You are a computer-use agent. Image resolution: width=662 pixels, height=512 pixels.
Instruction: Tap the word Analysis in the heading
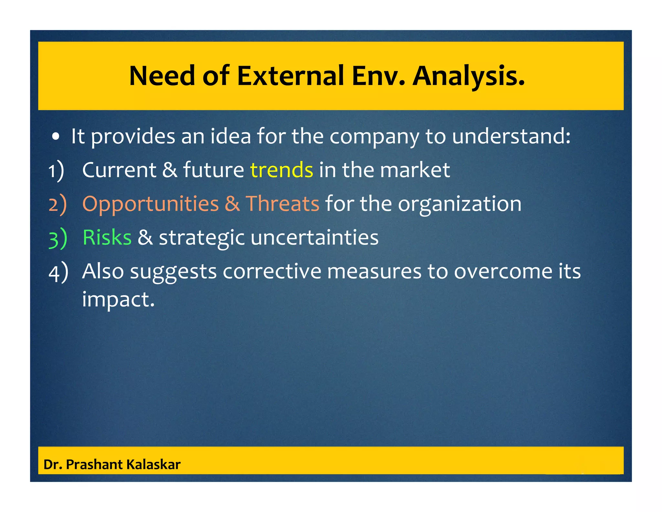coord(468,76)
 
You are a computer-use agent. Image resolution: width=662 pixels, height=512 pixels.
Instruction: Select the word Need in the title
coord(162,76)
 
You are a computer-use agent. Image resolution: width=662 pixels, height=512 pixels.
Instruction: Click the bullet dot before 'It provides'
coord(56,137)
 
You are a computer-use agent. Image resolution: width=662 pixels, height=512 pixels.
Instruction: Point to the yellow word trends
coord(282,170)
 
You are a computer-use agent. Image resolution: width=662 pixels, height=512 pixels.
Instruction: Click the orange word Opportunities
coord(151,204)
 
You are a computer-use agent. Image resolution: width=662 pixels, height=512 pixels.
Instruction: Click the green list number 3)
coord(58,238)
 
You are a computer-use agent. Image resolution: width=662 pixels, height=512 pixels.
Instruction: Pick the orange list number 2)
coord(58,204)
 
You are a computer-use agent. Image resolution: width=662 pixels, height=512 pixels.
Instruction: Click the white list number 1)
coord(56,171)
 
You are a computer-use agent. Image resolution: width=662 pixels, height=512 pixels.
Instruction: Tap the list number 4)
coord(58,272)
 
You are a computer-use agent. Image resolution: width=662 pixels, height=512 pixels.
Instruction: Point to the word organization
coord(459,204)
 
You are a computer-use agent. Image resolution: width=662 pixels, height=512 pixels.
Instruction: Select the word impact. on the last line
coord(118,299)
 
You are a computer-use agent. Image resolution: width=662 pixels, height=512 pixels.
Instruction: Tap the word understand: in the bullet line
coord(511,136)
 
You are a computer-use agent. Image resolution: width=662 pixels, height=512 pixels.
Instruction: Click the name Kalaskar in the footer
coord(153,464)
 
